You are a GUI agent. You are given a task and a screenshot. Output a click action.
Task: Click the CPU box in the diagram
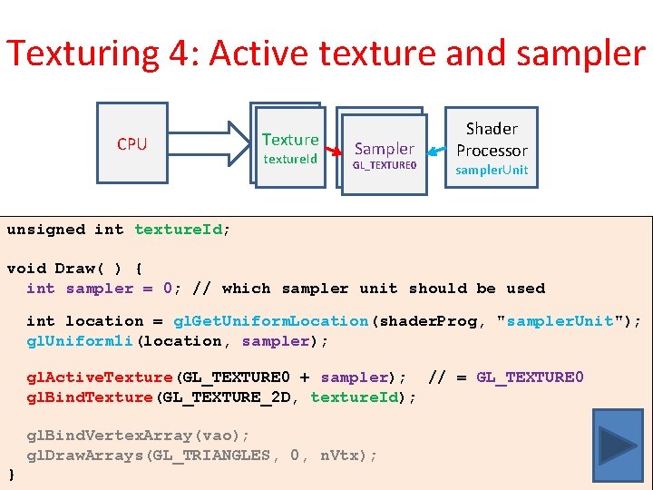coord(132,143)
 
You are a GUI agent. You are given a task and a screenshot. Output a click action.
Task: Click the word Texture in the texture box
coord(290,140)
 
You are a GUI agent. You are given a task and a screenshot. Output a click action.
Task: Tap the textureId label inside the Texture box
coord(290,159)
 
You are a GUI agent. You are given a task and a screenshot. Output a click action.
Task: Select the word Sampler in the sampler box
coord(384,149)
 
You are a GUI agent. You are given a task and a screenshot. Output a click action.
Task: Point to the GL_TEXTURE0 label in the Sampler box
coord(384,166)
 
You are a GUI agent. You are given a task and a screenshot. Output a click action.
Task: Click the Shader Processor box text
coord(492,140)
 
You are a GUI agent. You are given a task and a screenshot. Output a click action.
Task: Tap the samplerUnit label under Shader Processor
coord(492,170)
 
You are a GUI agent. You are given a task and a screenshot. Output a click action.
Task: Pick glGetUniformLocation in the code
coord(271,321)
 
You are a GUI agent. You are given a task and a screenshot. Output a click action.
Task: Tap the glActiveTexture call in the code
coord(100,377)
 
